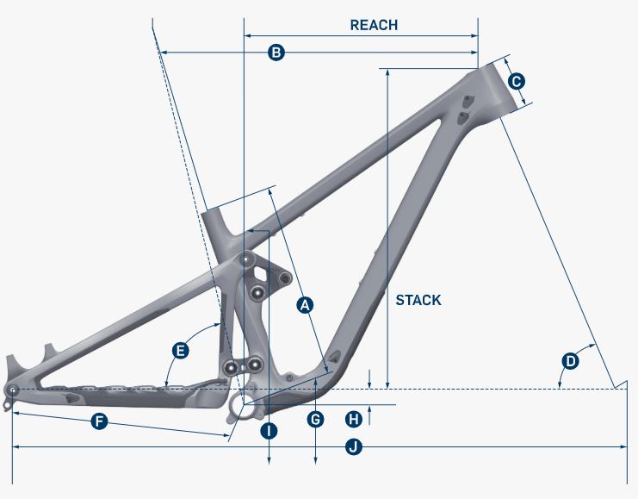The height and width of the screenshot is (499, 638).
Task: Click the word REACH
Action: coord(374,25)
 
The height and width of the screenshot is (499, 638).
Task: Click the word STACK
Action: coord(418,300)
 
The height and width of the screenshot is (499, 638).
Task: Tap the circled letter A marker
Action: coord(304,303)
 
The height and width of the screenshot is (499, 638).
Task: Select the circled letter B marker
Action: coord(276,53)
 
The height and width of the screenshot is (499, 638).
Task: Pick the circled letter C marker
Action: coord(516,82)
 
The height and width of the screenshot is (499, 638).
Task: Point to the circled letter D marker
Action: coord(570,360)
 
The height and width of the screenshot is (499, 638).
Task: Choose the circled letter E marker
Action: coord(180,350)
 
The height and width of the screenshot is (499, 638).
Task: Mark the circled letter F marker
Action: coord(99,422)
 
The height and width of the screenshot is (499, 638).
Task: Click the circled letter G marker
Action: coord(316,419)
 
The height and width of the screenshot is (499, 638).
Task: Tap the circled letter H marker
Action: coord(352,419)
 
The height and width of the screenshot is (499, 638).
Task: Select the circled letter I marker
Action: coord(269,430)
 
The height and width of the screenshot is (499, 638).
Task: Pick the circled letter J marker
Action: coord(352,446)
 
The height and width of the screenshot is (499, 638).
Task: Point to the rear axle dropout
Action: coord(12,390)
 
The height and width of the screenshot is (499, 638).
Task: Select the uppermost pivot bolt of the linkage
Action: coord(246,259)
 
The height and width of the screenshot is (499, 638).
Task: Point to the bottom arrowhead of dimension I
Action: coord(269,464)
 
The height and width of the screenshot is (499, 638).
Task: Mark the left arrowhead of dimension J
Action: coord(15,446)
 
